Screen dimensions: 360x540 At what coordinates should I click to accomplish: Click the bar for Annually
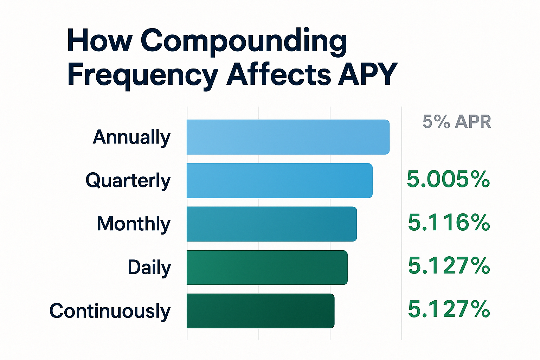point(288,137)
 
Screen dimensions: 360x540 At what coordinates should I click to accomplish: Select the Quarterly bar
point(279,181)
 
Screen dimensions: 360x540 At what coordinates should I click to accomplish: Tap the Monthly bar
point(271,224)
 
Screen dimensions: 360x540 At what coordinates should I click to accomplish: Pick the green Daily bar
point(267,268)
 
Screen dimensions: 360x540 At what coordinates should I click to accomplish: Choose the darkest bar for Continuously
point(260,311)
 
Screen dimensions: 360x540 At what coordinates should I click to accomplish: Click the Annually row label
point(131,137)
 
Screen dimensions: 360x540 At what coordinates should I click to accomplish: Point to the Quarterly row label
point(128,181)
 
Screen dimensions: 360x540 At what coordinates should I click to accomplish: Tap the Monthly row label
point(134,224)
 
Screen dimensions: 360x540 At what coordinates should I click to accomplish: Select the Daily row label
point(149,268)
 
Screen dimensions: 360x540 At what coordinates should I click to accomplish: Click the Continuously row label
point(110,311)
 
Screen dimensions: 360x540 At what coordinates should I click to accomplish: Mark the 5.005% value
point(448,179)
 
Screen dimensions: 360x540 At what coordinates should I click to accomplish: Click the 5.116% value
point(449,223)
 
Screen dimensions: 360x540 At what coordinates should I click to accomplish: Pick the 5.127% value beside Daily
point(449,266)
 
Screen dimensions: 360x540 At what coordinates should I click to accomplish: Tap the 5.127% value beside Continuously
point(449,309)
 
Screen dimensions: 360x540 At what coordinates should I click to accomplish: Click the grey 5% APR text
point(457,122)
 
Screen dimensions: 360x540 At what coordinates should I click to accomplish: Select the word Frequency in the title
point(143,75)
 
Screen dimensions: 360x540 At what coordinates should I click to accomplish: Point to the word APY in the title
point(367,75)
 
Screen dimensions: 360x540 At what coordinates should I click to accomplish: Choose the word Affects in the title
point(278,75)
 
